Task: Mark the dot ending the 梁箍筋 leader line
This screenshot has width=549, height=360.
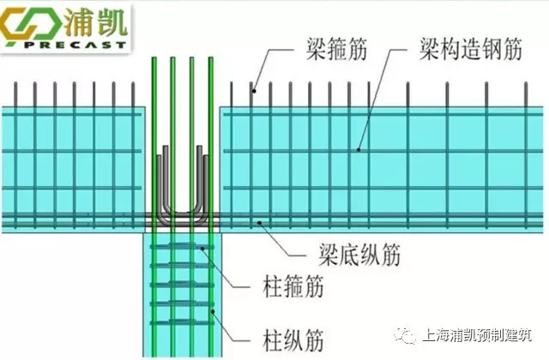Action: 254,87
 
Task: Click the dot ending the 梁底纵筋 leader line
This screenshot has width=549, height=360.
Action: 260,223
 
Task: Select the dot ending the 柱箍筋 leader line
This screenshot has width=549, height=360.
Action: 202,249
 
